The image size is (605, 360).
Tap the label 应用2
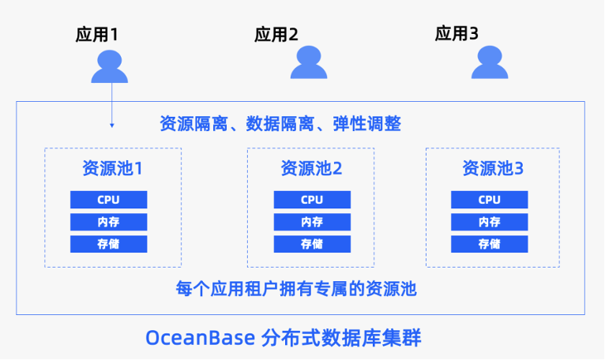pos(276,34)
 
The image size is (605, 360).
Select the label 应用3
pos(457,33)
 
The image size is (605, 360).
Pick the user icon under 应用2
pos(308,62)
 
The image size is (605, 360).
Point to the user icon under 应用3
pos(490,62)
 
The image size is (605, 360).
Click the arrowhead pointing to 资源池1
pos(111,125)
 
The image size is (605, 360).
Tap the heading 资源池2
pos(311,168)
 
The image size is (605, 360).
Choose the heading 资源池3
pos(493,168)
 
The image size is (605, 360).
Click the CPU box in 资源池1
pos(109,200)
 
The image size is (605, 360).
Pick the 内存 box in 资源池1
pos(109,222)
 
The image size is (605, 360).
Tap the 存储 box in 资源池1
pos(109,244)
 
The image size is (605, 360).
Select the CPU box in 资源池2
pos(311,200)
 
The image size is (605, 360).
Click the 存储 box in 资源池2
pos(311,244)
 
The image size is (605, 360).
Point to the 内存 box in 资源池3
pos(489,222)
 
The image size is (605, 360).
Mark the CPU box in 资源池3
pos(489,200)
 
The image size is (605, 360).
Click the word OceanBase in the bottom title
pos(198,338)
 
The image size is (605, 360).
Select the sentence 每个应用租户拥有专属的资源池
pos(295,289)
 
